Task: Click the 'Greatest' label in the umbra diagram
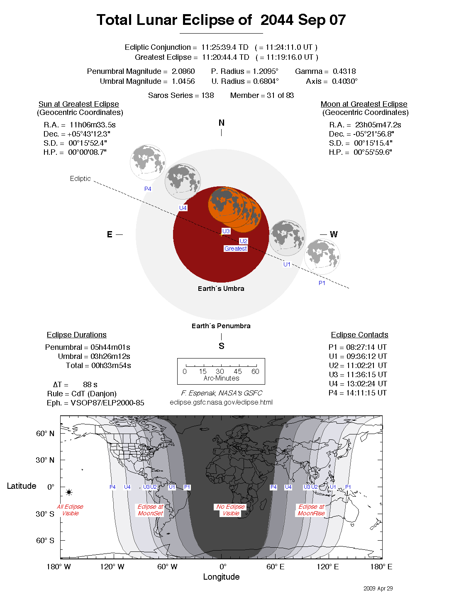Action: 235,249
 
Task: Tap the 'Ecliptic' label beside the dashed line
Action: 80,178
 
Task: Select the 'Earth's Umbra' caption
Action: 221,288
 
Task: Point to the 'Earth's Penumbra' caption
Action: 221,326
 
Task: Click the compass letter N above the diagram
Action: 221,123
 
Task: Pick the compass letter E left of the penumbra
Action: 110,234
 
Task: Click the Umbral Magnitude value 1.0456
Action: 183,81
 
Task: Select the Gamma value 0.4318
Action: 344,71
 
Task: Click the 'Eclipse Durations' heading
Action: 76,335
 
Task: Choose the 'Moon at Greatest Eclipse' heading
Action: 364,104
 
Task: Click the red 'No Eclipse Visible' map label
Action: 231,510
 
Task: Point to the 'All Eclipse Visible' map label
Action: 70,510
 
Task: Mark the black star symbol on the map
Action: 69,492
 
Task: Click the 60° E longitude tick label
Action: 275,567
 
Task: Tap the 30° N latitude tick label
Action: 45,460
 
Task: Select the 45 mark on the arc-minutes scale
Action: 237,371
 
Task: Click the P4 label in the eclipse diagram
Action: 148,189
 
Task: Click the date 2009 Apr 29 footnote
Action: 378,588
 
